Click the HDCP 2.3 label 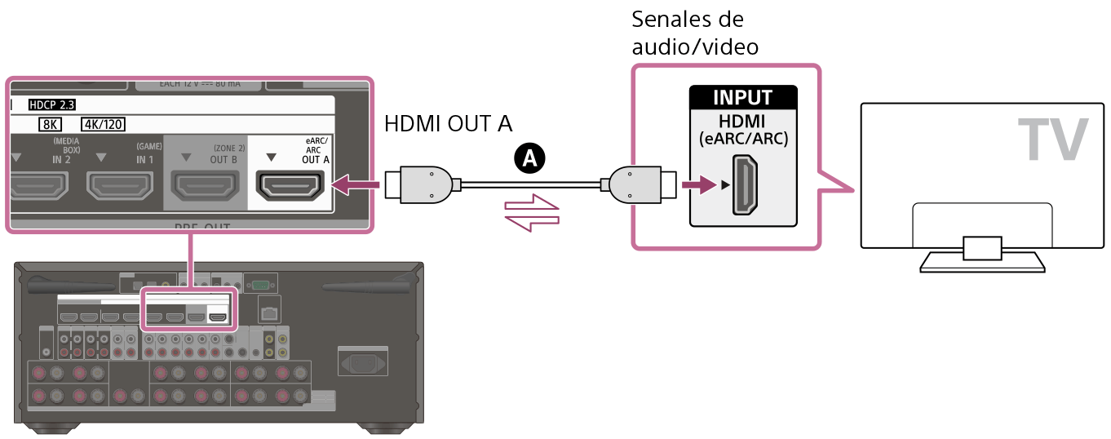pos(51,105)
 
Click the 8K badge pos(50,124)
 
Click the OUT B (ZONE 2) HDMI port pos(205,186)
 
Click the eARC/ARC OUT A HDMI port pos(290,186)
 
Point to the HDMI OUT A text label pos(448,123)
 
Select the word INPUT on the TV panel pos(742,98)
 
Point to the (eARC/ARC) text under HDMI pos(742,139)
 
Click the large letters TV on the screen pos(1052,140)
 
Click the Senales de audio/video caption pos(695,33)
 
